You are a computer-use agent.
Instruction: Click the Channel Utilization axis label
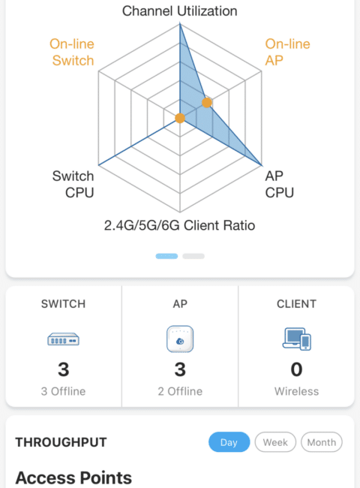click(180, 11)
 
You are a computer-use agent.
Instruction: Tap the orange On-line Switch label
click(72, 53)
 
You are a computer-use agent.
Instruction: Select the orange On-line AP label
click(287, 53)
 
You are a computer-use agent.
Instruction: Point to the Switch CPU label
click(73, 184)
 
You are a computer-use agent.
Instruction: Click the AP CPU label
click(279, 184)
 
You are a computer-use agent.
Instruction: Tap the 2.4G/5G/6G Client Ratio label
click(180, 225)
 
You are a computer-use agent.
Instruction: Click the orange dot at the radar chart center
click(180, 118)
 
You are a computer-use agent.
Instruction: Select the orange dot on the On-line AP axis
click(207, 102)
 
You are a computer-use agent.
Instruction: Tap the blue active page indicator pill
click(166, 256)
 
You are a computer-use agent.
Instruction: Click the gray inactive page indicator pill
click(193, 256)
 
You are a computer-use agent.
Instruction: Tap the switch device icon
click(64, 339)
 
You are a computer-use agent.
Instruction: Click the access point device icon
click(180, 339)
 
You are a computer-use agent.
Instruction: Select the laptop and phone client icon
click(296, 339)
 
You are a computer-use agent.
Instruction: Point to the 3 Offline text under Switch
click(64, 391)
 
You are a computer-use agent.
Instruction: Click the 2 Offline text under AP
click(180, 391)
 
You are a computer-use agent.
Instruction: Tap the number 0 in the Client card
click(296, 369)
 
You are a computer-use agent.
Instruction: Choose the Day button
click(229, 442)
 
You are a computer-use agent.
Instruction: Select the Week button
click(275, 442)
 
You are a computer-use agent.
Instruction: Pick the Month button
click(322, 442)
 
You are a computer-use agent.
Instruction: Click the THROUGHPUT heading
click(61, 442)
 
